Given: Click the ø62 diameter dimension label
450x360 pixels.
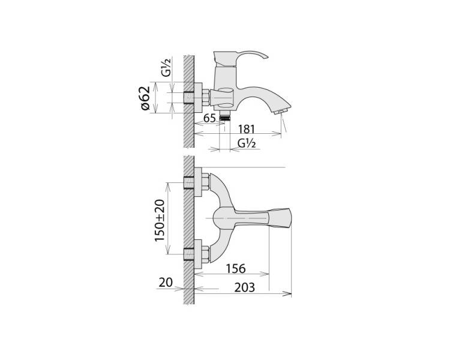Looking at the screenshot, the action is (x=146, y=98).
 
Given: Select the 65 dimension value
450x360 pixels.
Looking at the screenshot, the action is (x=209, y=118).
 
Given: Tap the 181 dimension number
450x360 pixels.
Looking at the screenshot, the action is (x=247, y=129).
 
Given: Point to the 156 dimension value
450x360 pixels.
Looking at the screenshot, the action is (x=236, y=269).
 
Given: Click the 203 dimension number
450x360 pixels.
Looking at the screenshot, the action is (x=245, y=287).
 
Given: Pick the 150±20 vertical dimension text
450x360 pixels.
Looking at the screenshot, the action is (x=160, y=220).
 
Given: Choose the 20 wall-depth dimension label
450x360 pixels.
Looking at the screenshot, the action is (x=166, y=283).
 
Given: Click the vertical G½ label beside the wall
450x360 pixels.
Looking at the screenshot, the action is (x=166, y=67).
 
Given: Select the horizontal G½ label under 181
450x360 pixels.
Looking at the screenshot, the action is (x=247, y=143).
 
